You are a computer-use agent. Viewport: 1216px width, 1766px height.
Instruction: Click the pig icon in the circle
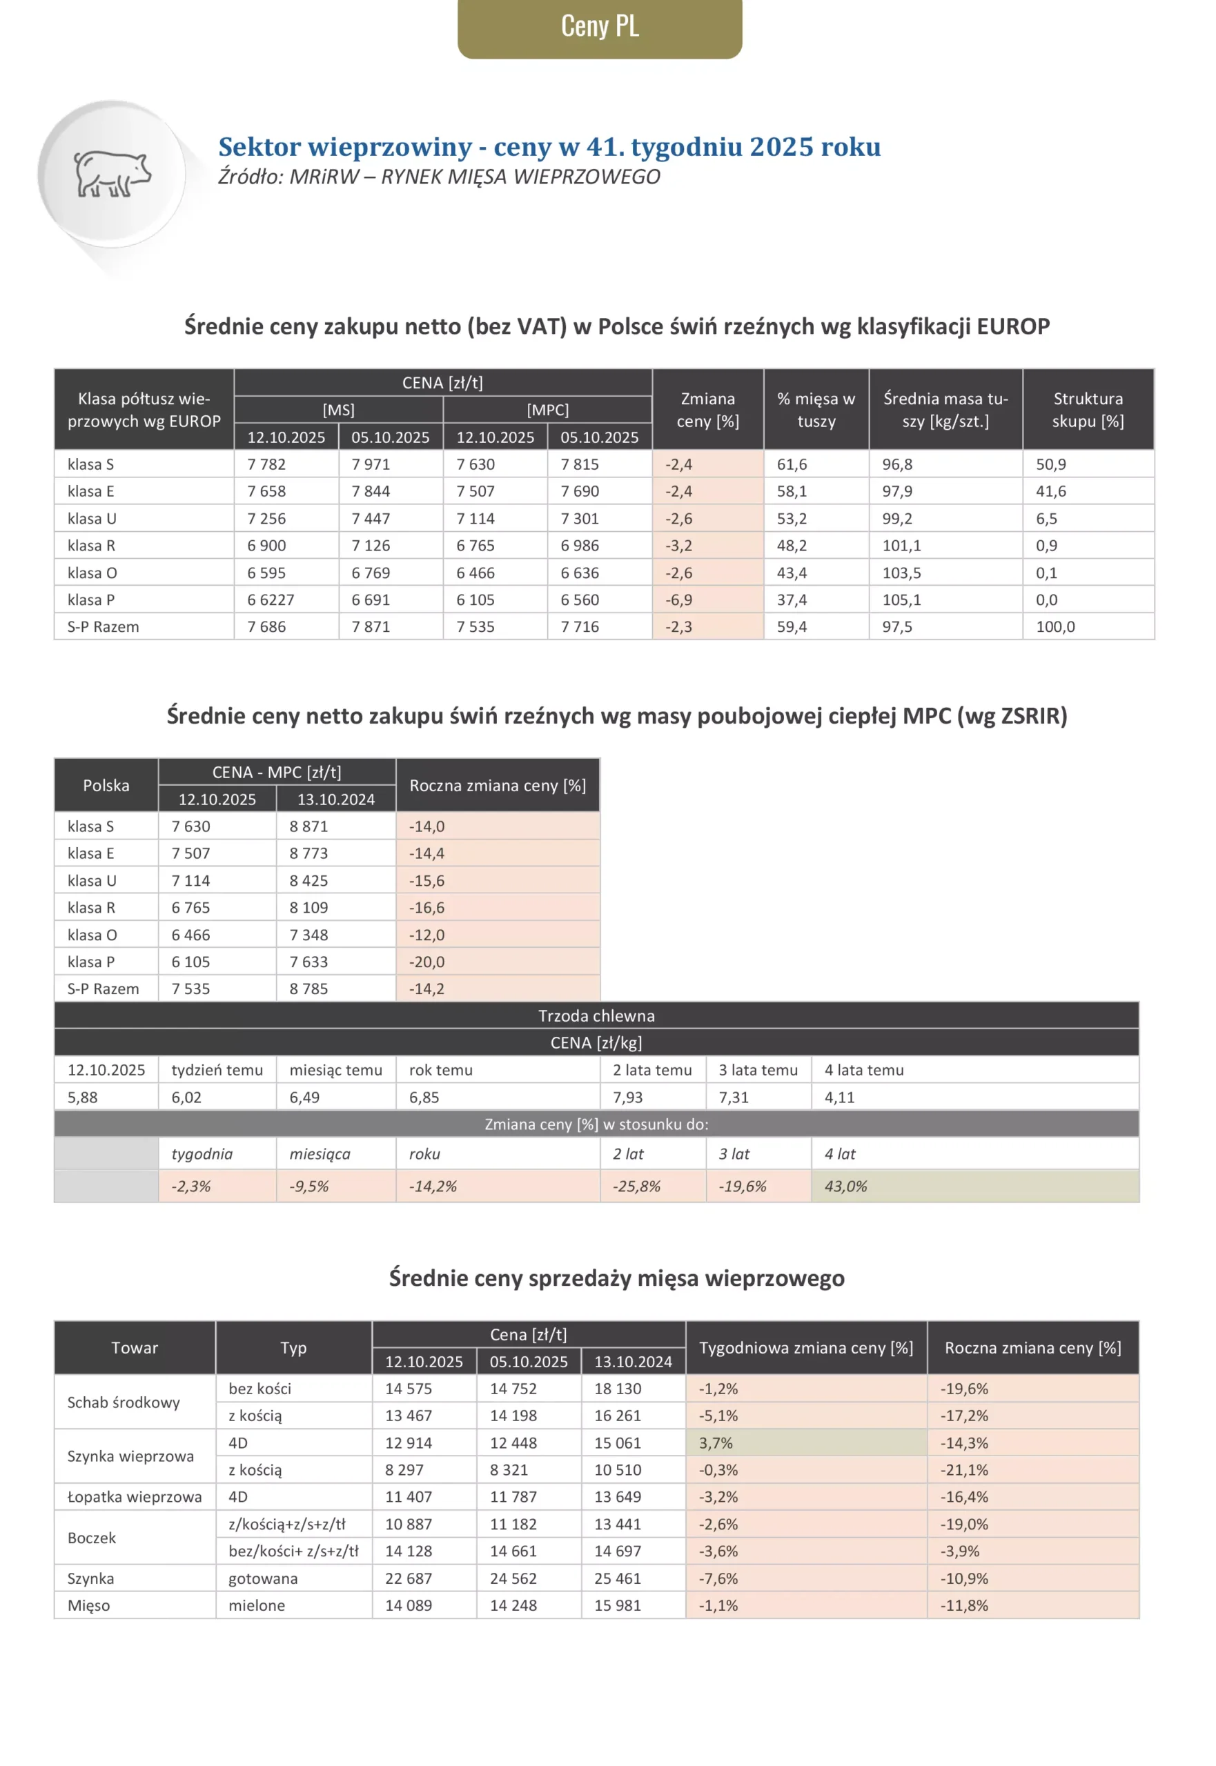pos(112,175)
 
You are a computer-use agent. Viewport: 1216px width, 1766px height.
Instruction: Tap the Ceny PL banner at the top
pos(600,27)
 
